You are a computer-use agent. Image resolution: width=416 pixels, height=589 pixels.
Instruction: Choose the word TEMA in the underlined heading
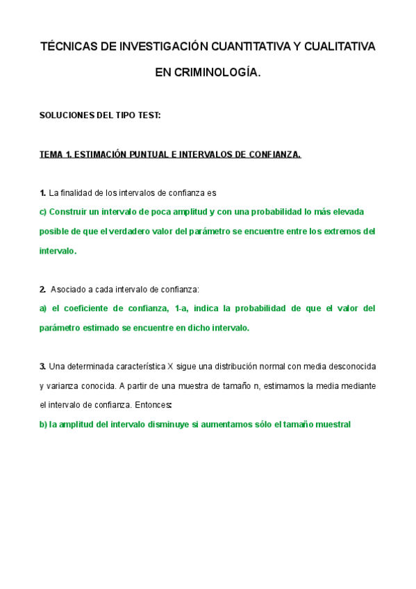click(x=51, y=154)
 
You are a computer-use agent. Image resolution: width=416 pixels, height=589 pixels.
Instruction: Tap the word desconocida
click(x=350, y=366)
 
